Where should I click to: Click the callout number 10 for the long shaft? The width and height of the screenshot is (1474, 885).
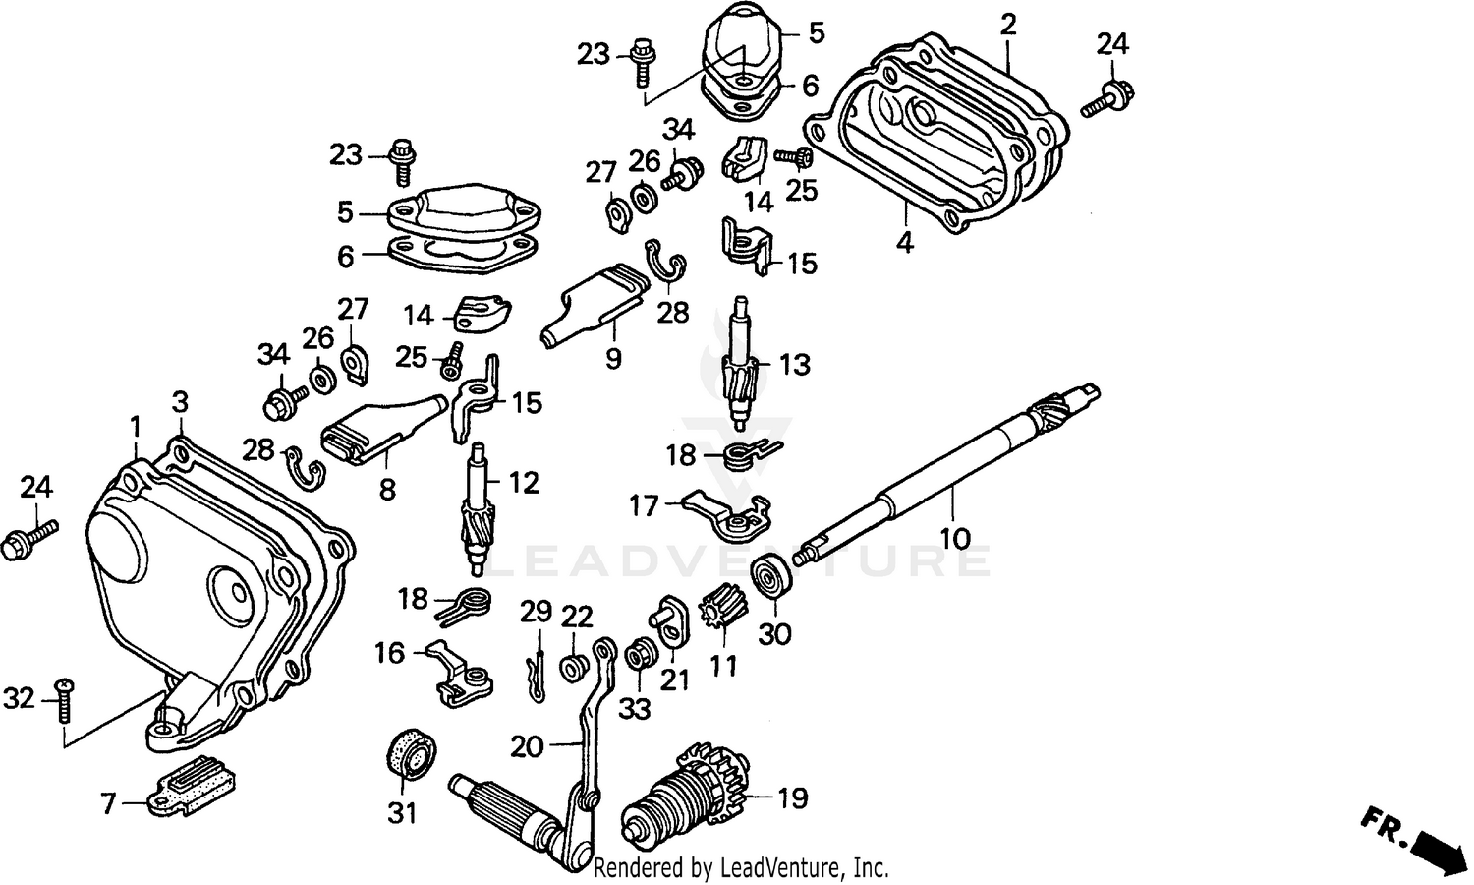[x=954, y=538]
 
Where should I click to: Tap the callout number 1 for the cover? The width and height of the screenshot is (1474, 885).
[x=135, y=426]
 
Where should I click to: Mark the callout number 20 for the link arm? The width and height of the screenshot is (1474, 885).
[x=526, y=747]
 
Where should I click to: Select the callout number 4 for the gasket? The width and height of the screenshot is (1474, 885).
[x=905, y=241]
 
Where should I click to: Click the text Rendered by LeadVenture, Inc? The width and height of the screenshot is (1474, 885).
[x=742, y=868]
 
